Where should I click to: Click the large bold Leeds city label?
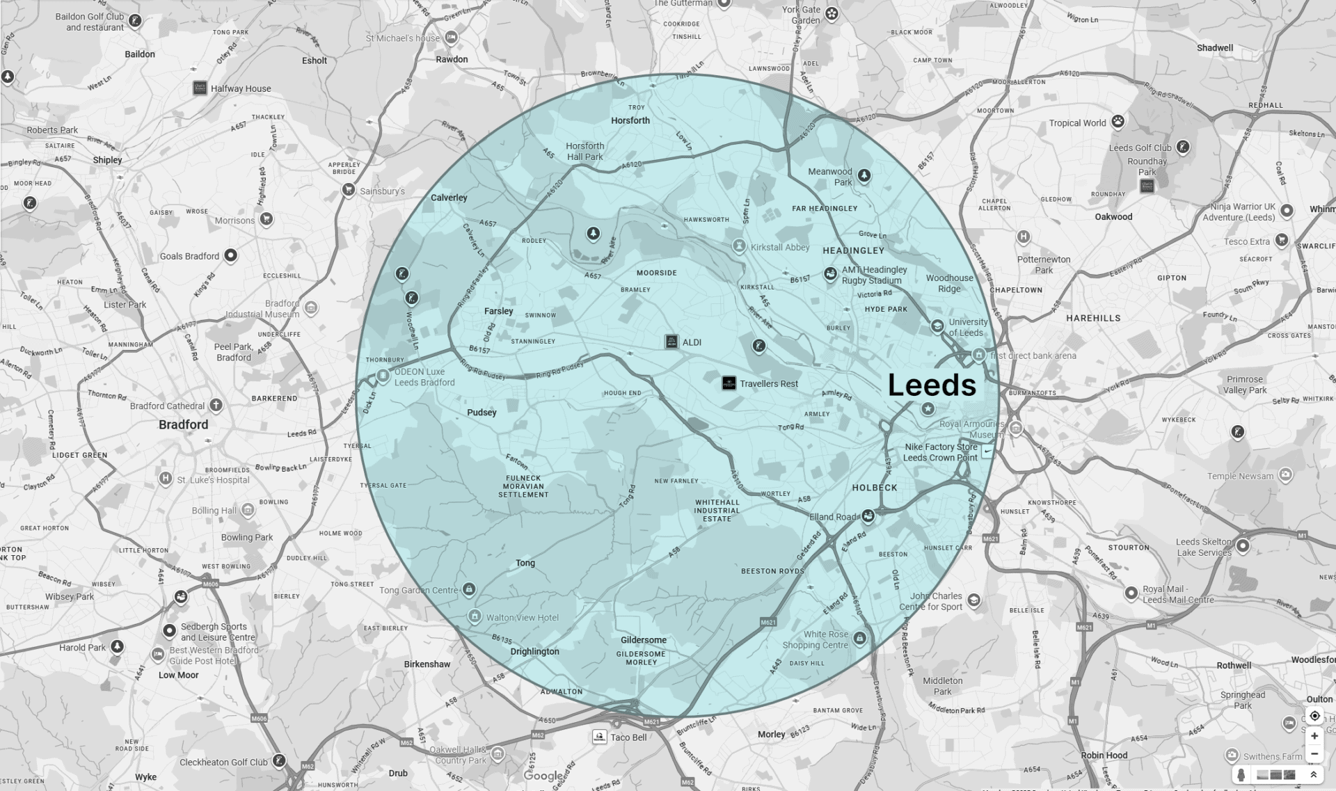[x=932, y=385]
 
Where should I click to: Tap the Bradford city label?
[x=183, y=424]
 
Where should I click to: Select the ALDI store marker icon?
[x=671, y=342]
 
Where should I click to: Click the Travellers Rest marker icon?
[x=729, y=383]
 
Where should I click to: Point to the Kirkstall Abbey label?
[x=779, y=247]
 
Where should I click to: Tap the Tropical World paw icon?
[x=1118, y=122]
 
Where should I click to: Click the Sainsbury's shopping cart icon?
[x=348, y=190]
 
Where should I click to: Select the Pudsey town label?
[x=482, y=413]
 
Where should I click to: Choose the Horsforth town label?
[x=630, y=120]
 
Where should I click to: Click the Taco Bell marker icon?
[x=599, y=736]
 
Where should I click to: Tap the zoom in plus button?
[x=1314, y=736]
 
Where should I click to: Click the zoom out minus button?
[x=1314, y=753]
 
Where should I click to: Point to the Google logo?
[x=543, y=776]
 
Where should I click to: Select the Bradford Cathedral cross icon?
[x=216, y=405]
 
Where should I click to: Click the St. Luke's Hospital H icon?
[x=165, y=479]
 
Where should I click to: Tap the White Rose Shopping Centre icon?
[x=860, y=638]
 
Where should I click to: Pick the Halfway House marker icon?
[x=200, y=88]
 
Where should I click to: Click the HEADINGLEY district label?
[x=853, y=250]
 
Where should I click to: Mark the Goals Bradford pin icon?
[x=230, y=255]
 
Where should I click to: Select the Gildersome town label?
[x=643, y=640]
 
